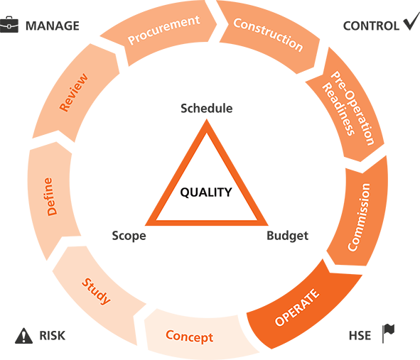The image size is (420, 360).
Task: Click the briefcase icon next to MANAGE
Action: pos(9,25)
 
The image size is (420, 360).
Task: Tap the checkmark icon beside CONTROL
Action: pos(411,21)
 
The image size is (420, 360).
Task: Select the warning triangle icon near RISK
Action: pos(23,336)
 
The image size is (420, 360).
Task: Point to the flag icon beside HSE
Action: pos(389,333)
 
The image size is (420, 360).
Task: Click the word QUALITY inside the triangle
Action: pos(206,192)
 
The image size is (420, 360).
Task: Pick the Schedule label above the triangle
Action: pos(207,109)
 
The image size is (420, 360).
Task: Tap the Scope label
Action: pos(129,236)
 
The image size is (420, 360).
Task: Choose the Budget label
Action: pos(287,236)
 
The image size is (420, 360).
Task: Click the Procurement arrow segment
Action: pos(161,32)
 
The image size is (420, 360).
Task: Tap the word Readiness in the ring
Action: pos(338,109)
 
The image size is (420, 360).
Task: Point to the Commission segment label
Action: pos(359,217)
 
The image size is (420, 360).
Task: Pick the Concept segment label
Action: pos(189,337)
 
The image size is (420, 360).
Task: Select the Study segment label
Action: pos(96,291)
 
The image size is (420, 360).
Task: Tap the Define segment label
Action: pos(50,197)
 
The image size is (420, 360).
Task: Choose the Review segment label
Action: pos(73,92)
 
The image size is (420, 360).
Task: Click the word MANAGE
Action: pos(52,26)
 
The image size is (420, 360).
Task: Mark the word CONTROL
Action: pos(371,26)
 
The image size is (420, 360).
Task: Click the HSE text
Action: pos(360,336)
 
